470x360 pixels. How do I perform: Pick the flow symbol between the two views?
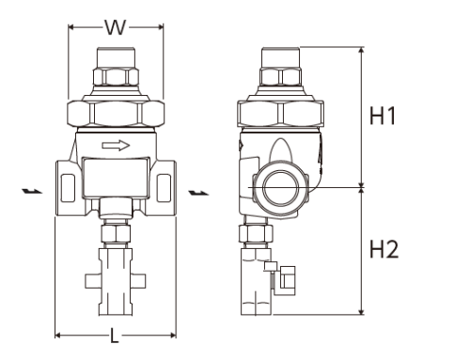[198, 193]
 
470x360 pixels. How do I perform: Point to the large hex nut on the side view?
[282, 114]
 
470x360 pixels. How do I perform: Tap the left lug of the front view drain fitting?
[90, 280]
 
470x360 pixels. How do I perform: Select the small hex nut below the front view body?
[116, 231]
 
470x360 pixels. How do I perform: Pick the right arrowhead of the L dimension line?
[171, 335]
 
